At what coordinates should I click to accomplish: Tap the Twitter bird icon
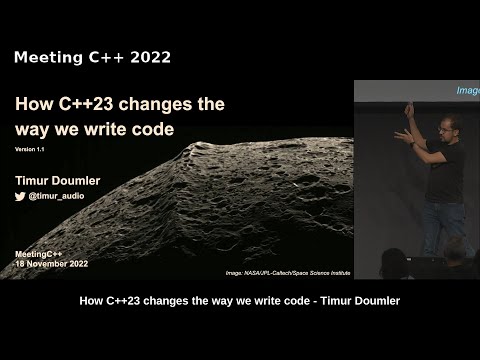pos(20,199)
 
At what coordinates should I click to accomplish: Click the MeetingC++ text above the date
pos(41,254)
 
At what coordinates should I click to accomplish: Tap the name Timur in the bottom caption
pos(339,301)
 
